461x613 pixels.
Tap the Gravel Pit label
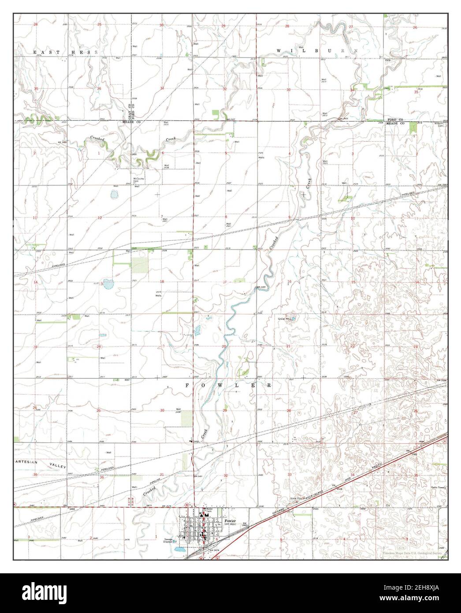tap(283, 318)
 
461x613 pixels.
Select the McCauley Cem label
tap(139, 180)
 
